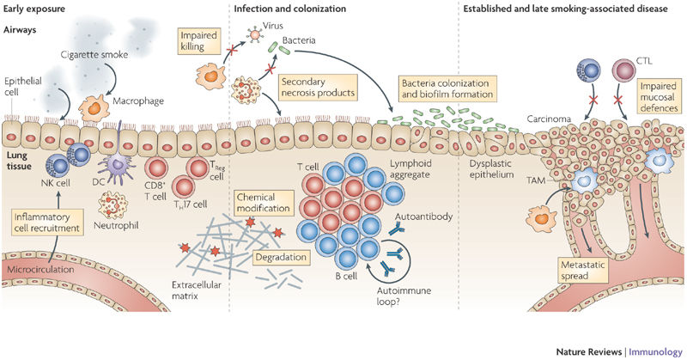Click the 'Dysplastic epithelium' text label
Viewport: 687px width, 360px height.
pyautogui.click(x=495, y=169)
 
